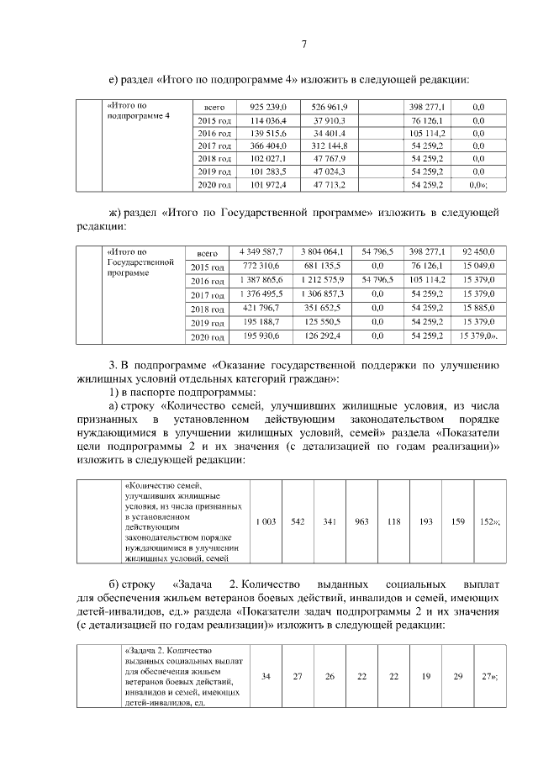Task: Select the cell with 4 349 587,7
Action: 261,251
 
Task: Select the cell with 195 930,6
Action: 261,336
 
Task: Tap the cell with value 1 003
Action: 266,521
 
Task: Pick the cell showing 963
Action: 362,521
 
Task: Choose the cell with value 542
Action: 298,521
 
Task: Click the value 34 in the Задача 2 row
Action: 266,677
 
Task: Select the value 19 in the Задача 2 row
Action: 426,677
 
